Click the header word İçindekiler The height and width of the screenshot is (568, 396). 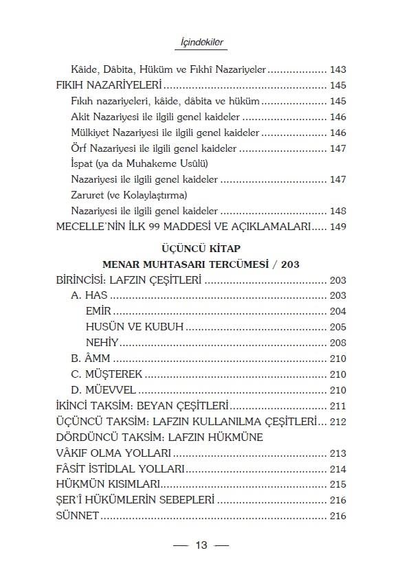click(x=198, y=43)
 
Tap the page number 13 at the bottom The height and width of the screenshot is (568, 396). click(x=201, y=547)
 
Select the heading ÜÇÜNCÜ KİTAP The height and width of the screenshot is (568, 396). click(x=197, y=248)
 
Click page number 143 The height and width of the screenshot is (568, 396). click(x=338, y=69)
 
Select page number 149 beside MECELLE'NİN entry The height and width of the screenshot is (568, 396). click(x=338, y=226)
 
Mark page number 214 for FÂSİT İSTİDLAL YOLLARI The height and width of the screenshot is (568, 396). click(x=338, y=469)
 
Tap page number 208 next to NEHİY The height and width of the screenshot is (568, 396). click(x=338, y=342)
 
